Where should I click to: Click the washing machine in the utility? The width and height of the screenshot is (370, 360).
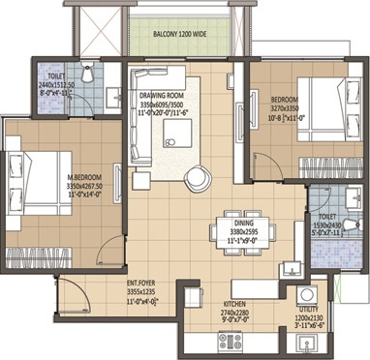(x=311, y=294)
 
